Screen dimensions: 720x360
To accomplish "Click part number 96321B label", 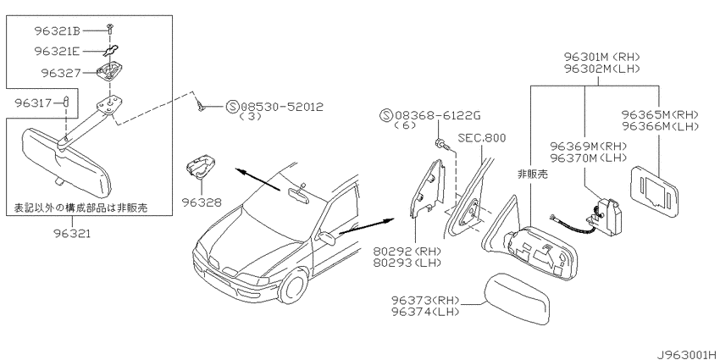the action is [58, 31].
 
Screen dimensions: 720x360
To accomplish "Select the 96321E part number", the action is [58, 52].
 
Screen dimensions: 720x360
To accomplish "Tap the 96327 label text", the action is [61, 73].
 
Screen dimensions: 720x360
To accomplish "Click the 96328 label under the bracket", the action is [201, 202].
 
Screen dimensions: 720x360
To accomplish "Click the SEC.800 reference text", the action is [481, 138].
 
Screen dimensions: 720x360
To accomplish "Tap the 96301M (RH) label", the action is [602, 58].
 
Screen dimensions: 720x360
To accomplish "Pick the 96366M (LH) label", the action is [661, 125].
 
